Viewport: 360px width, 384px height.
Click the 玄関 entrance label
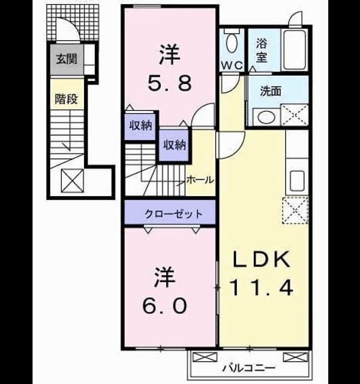pyautogui.click(x=67, y=59)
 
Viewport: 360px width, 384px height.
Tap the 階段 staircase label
pyautogui.click(x=66, y=98)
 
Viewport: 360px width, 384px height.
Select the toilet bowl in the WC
pyautogui.click(x=232, y=43)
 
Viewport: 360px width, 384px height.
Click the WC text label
pyautogui.click(x=232, y=65)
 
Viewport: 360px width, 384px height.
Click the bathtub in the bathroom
pyautogui.click(x=295, y=49)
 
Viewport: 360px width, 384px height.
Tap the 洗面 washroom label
pyautogui.click(x=271, y=91)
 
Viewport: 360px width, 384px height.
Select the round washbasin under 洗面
pyautogui.click(x=266, y=117)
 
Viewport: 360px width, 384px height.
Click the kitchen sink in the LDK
pyautogui.click(x=297, y=181)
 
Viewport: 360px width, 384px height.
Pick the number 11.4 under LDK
pyautogui.click(x=261, y=288)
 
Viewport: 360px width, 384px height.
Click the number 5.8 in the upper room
pyautogui.click(x=170, y=83)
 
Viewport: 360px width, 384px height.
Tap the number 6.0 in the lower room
pyautogui.click(x=164, y=305)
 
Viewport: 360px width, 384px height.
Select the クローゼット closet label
pyautogui.click(x=173, y=214)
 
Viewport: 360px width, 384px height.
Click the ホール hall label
pyautogui.click(x=200, y=180)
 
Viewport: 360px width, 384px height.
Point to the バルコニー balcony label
pyautogui.click(x=249, y=368)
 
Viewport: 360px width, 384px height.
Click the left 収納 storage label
pyautogui.click(x=141, y=126)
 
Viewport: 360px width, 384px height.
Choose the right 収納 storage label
pyautogui.click(x=175, y=145)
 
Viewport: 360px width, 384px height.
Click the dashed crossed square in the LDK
pyautogui.click(x=295, y=211)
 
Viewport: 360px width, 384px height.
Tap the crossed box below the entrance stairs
pyautogui.click(x=72, y=181)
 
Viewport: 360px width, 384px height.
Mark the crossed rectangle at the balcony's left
pyautogui.click(x=205, y=357)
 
